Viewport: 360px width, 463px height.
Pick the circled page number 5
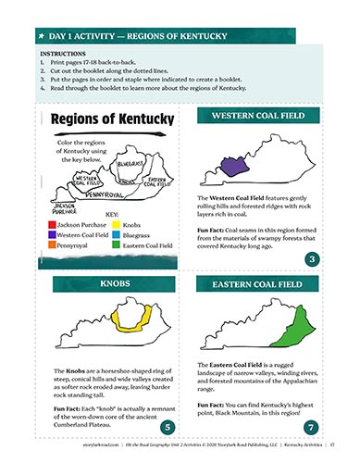pyautogui.click(x=165, y=426)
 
